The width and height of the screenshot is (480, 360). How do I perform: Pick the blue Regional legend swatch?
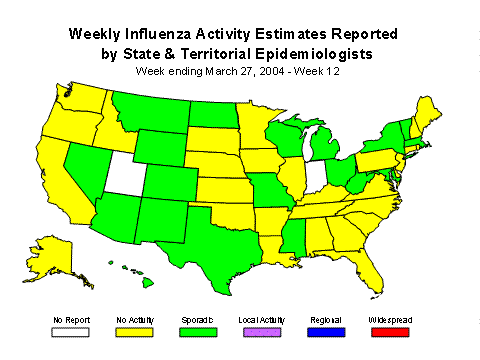pos(326,331)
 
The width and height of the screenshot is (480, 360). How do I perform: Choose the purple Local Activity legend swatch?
pos(262,331)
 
